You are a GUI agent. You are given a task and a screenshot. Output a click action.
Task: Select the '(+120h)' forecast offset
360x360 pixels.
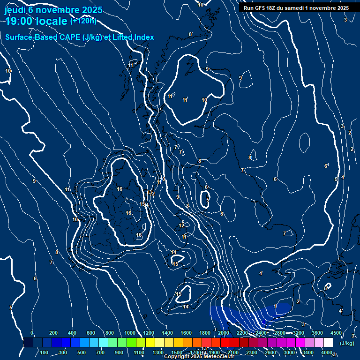click(83, 21)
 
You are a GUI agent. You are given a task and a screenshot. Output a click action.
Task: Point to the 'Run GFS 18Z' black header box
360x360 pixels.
click(296, 8)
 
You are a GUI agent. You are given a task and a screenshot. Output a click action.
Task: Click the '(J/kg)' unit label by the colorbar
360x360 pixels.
click(346, 343)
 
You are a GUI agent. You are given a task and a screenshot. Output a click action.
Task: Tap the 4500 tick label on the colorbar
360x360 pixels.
click(336, 333)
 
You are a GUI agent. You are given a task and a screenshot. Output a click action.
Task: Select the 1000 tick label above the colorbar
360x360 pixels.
click(130, 333)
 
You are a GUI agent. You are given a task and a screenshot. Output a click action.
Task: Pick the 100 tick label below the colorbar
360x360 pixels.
click(44, 352)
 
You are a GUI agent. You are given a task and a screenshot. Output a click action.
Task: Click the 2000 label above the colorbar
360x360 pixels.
click(224, 333)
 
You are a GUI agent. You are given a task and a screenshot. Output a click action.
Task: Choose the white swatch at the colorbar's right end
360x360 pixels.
click(328, 343)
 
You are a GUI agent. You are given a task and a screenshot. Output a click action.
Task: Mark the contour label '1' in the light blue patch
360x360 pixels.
click(275, 307)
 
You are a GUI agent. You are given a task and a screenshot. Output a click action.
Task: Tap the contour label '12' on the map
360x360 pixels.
click(181, 226)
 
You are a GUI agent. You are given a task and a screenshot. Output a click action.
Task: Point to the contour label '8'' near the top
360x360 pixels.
click(190, 34)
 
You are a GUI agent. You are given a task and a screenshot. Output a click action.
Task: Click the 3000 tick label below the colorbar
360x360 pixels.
click(289, 352)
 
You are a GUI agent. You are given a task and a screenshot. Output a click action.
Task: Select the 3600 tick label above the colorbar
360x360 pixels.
click(317, 333)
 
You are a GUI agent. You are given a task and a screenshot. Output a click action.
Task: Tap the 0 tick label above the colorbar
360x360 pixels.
click(31, 333)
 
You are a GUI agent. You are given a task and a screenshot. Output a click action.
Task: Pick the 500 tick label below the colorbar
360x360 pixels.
click(82, 352)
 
